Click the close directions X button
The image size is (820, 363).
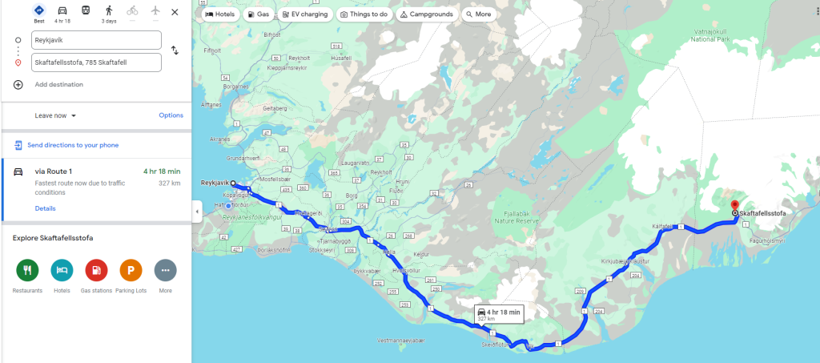pyautogui.click(x=175, y=12)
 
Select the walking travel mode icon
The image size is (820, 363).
pyautogui.click(x=109, y=11)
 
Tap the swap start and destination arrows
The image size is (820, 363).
pyautogui.click(x=175, y=50)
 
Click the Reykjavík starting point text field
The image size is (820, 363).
pyautogui.click(x=96, y=40)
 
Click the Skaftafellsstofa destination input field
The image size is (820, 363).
pyautogui.click(x=96, y=62)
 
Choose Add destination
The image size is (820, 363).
pyautogui.click(x=58, y=84)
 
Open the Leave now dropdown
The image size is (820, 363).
pyautogui.click(x=55, y=115)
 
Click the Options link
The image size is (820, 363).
pyautogui.click(x=171, y=115)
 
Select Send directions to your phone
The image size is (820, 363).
pyautogui.click(x=73, y=145)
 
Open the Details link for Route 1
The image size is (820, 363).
pyautogui.click(x=45, y=208)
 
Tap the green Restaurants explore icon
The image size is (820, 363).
pyautogui.click(x=27, y=270)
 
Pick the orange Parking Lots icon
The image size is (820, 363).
pyautogui.click(x=131, y=270)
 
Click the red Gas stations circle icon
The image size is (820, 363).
pyautogui.click(x=96, y=270)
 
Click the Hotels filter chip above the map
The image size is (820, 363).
pyautogui.click(x=219, y=14)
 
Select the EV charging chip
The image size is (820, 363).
pyautogui.click(x=305, y=14)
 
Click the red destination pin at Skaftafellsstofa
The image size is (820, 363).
pyautogui.click(x=734, y=208)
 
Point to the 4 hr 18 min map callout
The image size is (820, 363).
pyautogui.click(x=497, y=313)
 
